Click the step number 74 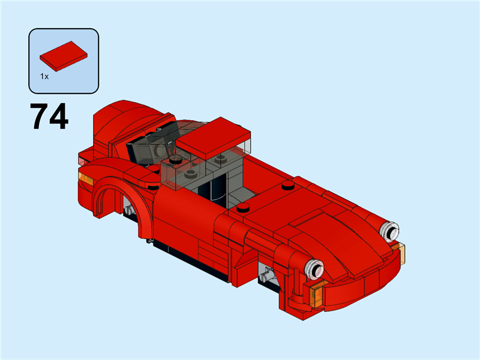[x=50, y=117]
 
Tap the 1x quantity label [x=44, y=76]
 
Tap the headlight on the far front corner [x=391, y=229]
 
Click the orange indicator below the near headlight [x=319, y=294]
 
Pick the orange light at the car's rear [x=86, y=179]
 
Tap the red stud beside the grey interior [x=243, y=208]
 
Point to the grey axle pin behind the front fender [x=267, y=276]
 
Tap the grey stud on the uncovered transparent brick [x=191, y=174]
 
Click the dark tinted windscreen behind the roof [x=147, y=147]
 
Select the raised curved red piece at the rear [x=123, y=123]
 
